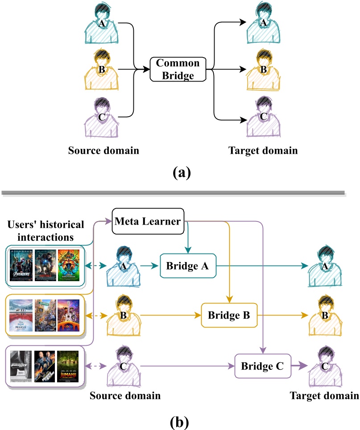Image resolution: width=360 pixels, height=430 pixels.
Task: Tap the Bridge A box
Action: [x=188, y=266]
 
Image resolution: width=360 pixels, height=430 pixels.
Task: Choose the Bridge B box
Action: [x=230, y=315]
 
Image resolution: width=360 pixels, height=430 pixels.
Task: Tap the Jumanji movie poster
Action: [x=68, y=366]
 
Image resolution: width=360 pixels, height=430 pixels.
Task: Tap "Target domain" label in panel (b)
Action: [x=324, y=395]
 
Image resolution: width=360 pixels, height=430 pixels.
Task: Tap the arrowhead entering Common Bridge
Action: [x=146, y=69]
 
